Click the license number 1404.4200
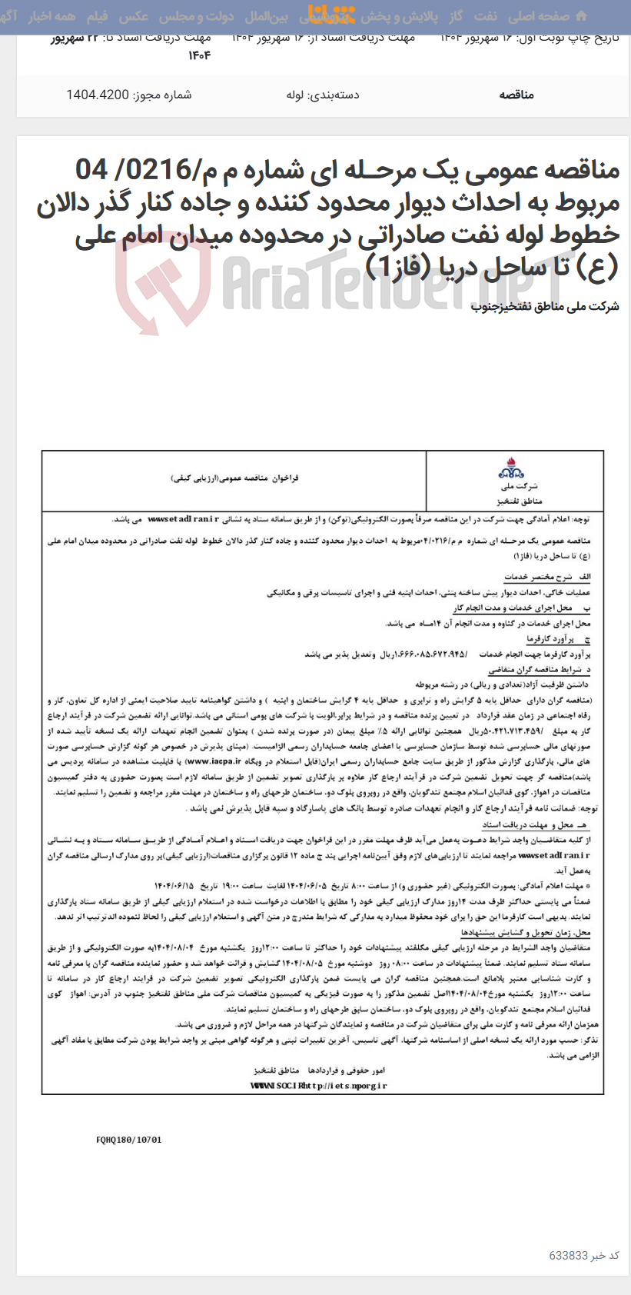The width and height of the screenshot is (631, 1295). [98, 95]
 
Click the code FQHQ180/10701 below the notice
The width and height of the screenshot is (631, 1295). [129, 1140]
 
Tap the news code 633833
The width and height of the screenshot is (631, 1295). [568, 1255]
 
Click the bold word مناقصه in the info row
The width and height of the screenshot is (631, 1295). [516, 95]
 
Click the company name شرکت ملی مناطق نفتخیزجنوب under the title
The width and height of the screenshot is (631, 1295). [544, 307]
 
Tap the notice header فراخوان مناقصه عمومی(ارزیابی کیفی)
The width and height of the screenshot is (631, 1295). [234, 478]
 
